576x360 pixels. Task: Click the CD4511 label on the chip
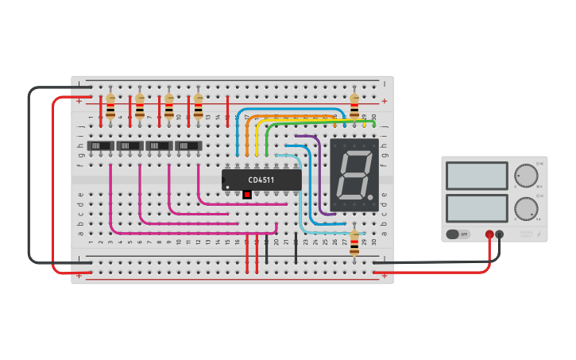[x=261, y=180]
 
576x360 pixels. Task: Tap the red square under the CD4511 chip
[x=247, y=195]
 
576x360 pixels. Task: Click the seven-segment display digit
[x=354, y=176]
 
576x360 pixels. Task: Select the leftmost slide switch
[x=100, y=146]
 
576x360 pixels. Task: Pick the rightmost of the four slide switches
[x=188, y=146]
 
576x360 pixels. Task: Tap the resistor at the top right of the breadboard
[x=354, y=103]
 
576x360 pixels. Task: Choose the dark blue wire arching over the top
[x=286, y=109]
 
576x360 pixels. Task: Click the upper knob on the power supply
[x=525, y=175]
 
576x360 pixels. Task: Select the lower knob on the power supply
[x=525, y=209]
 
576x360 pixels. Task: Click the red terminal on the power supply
[x=489, y=234]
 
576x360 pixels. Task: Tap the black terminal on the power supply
[x=500, y=234]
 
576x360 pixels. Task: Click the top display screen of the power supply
[x=477, y=176]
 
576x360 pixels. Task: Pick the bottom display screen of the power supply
[x=477, y=209]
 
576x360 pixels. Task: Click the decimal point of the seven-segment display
[x=369, y=196]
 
